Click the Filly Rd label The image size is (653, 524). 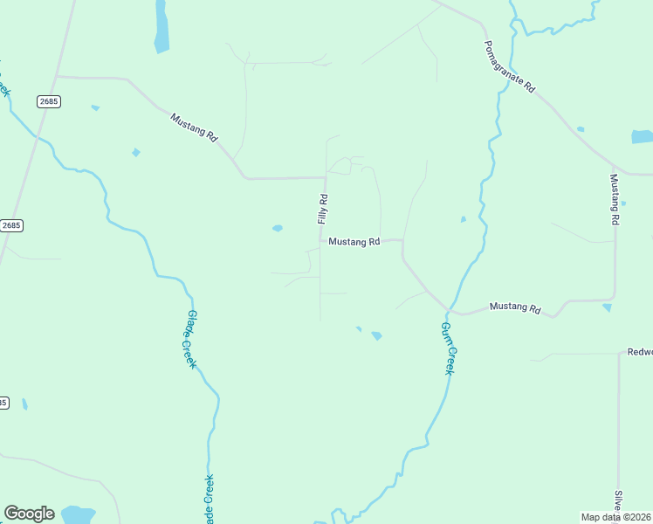[x=323, y=210]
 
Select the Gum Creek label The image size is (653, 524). [x=447, y=348]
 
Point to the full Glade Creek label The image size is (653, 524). [x=189, y=340]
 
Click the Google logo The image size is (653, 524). [x=29, y=514]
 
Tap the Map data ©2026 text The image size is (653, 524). [x=616, y=517]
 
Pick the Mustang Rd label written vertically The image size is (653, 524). [x=615, y=200]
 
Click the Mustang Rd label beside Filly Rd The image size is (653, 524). [x=354, y=242]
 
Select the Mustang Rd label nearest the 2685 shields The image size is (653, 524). [x=194, y=127]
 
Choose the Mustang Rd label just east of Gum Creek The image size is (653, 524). [x=515, y=307]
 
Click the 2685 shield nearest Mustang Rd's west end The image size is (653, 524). [x=49, y=101]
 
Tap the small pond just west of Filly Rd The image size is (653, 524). [x=277, y=229]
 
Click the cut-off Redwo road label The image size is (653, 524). [x=639, y=353]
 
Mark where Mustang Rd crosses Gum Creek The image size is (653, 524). [x=449, y=310]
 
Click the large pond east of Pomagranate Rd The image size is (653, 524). [x=642, y=137]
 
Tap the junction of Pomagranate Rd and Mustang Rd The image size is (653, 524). [x=615, y=166]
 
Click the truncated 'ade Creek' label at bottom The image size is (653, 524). [x=209, y=500]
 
